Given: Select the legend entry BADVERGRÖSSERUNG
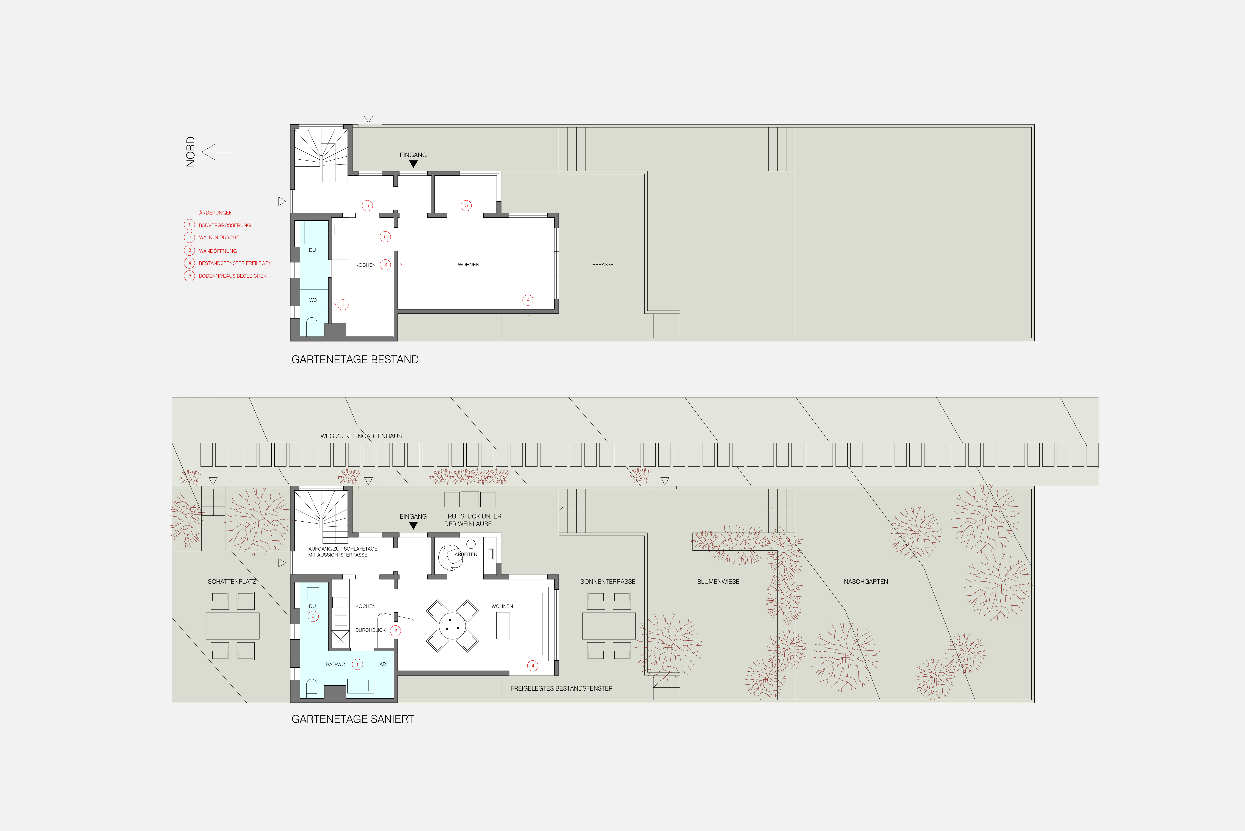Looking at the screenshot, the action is (225, 225).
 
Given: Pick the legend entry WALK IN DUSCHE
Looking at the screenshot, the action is (219, 237).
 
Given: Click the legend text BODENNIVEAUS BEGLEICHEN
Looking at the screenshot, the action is (232, 276).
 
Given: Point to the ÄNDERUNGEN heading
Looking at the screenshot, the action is (216, 212).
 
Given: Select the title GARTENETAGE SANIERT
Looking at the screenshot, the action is (353, 719).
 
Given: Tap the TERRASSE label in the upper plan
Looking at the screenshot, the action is (602, 264).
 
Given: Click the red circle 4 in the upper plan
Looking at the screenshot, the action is (528, 300).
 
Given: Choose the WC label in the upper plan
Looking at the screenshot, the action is (313, 300).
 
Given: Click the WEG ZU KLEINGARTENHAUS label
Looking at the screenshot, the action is (361, 436).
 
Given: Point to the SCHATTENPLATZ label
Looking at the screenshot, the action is (232, 581).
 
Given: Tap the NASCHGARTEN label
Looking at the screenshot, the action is (866, 581).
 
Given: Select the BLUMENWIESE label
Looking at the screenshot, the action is (718, 581).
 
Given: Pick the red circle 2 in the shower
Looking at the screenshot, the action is (313, 616).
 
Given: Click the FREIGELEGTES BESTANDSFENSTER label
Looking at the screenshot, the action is (561, 688).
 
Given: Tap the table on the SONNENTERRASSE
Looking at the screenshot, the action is (608, 626).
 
